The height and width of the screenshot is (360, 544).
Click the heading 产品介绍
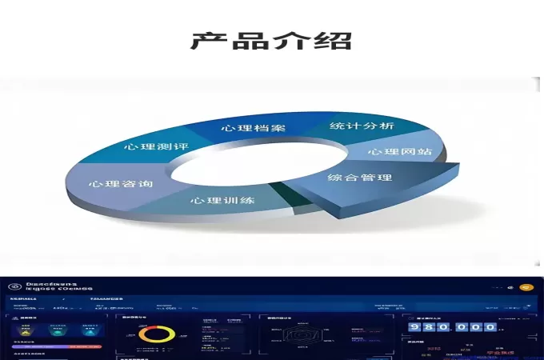[271, 39]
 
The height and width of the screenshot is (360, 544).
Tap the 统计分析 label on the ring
[362, 126]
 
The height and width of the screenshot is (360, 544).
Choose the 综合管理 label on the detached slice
[360, 177]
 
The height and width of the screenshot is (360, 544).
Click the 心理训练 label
[222, 199]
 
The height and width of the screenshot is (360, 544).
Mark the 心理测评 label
[156, 146]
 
